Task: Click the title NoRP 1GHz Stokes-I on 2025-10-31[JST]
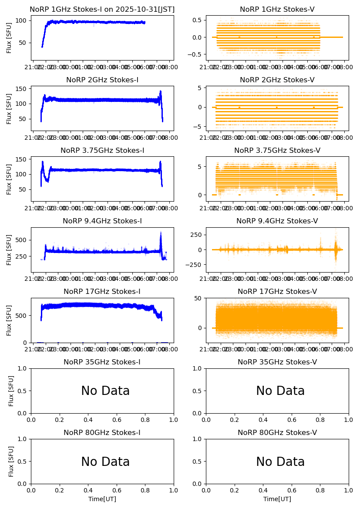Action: pos(102,9)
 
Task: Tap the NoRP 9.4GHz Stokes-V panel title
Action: pos(277,221)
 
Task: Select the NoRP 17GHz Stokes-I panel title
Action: pos(102,292)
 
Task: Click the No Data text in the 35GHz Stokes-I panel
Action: pos(105,391)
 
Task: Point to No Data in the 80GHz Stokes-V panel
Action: pos(280,462)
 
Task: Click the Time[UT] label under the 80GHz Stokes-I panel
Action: pos(102,499)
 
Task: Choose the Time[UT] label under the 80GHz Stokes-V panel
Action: pos(277,499)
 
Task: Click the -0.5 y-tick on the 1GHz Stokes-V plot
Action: pos(197,55)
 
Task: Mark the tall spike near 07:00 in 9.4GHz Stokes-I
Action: pos(161,235)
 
